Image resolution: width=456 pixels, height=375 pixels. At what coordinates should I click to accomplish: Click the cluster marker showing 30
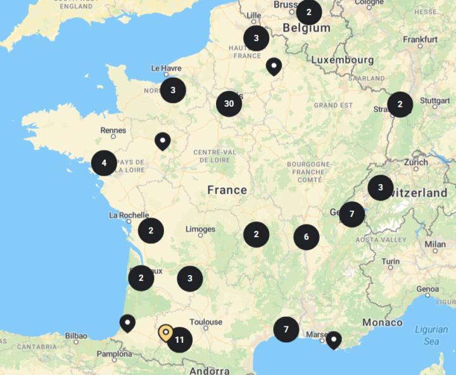229,104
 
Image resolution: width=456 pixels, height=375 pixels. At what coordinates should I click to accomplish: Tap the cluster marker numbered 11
179,340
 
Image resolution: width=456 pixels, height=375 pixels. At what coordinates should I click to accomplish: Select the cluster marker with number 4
104,163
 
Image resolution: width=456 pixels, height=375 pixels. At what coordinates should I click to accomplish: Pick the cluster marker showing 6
306,237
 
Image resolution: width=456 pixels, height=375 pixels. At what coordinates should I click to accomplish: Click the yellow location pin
165,332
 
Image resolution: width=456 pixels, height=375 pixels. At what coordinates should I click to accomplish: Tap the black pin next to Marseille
333,340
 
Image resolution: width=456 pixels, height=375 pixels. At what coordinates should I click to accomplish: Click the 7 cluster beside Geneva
351,214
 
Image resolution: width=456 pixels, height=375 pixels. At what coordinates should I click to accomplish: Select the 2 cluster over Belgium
308,12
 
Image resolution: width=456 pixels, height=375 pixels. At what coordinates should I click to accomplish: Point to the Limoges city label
200,229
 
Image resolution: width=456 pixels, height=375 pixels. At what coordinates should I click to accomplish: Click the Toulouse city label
206,322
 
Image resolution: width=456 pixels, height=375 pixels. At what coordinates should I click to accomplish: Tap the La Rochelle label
129,215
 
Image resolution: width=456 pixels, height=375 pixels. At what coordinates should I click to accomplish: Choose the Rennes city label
113,130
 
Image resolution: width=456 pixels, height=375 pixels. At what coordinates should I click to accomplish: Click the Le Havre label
167,68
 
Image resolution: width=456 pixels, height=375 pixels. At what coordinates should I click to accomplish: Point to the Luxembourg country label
342,59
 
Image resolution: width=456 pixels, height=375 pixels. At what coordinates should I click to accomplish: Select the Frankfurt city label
421,39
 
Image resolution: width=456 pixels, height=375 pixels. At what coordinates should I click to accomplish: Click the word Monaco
382,323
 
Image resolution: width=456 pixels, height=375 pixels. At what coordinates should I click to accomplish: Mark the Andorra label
208,371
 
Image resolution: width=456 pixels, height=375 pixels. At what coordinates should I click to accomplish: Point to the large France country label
227,190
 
